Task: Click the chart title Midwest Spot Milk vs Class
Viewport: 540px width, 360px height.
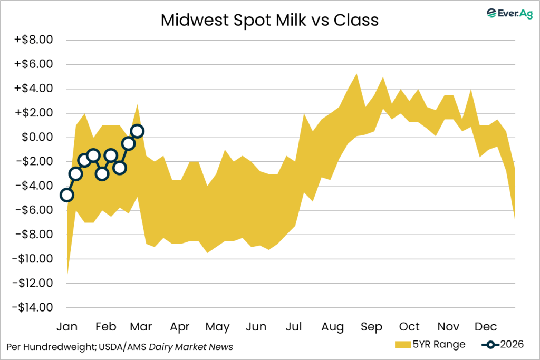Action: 269,20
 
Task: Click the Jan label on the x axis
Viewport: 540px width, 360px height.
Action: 67,327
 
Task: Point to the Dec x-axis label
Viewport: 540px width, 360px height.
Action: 485,327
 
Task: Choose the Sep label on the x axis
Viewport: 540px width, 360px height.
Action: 371,327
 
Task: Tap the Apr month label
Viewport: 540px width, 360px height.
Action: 180,327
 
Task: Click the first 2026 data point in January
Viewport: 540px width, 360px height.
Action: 66,195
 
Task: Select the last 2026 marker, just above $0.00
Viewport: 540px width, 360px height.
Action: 137,131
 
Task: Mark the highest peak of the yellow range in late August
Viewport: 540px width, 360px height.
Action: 357,74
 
